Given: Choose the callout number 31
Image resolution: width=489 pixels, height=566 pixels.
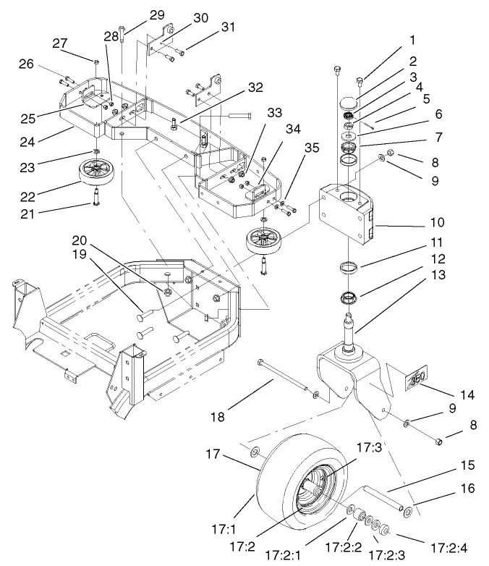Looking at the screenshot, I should coord(228,28).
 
